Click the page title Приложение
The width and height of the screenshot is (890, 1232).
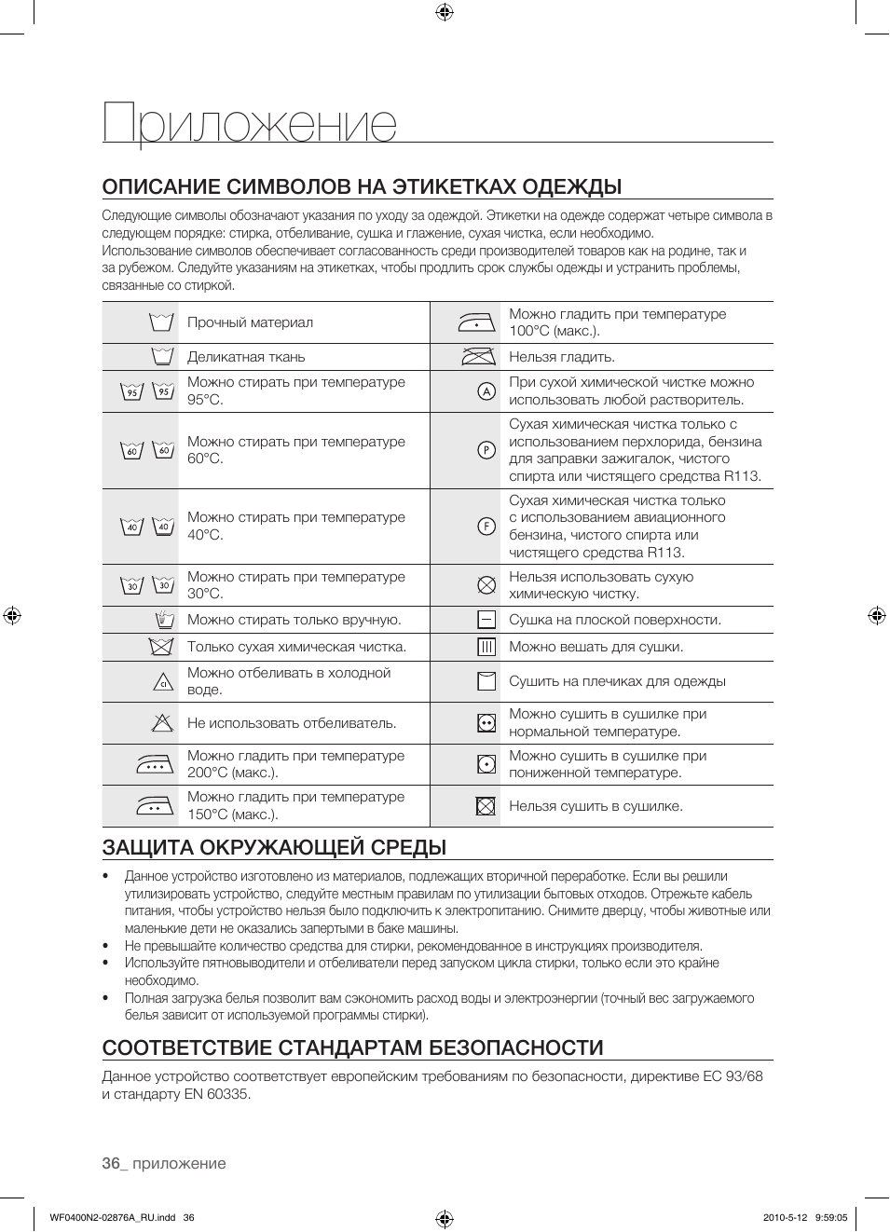pyautogui.click(x=250, y=124)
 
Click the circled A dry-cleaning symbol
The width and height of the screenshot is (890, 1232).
pyautogui.click(x=486, y=391)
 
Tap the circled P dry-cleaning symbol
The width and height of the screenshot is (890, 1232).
pyautogui.click(x=486, y=450)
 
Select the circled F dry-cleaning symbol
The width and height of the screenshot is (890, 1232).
pyautogui.click(x=486, y=527)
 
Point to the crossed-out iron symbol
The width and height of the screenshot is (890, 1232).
pyautogui.click(x=478, y=357)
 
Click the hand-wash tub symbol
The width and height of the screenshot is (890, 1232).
pyautogui.click(x=164, y=620)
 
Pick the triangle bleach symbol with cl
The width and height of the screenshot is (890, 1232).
pyautogui.click(x=164, y=681)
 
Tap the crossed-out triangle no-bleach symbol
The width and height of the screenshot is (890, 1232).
pyautogui.click(x=163, y=722)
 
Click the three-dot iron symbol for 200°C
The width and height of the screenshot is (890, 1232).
pyautogui.click(x=156, y=764)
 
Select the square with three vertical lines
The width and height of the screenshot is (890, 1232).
pyautogui.click(x=486, y=647)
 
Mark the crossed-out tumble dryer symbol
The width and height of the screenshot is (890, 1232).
pyautogui.click(x=486, y=806)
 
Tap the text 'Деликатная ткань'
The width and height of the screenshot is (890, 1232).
pyautogui.click(x=246, y=357)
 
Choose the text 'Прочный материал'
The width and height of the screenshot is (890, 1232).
pyautogui.click(x=250, y=322)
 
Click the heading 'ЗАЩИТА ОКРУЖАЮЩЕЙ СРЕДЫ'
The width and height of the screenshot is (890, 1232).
pyautogui.click(x=274, y=847)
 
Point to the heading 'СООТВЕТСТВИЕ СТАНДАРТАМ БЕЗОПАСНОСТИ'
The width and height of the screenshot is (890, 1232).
pyautogui.click(x=352, y=1047)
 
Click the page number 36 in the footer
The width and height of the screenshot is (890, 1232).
pyautogui.click(x=111, y=1163)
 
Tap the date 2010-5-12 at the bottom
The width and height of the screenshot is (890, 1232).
pyautogui.click(x=783, y=1217)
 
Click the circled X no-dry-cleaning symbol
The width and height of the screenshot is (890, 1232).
pyautogui.click(x=486, y=585)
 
